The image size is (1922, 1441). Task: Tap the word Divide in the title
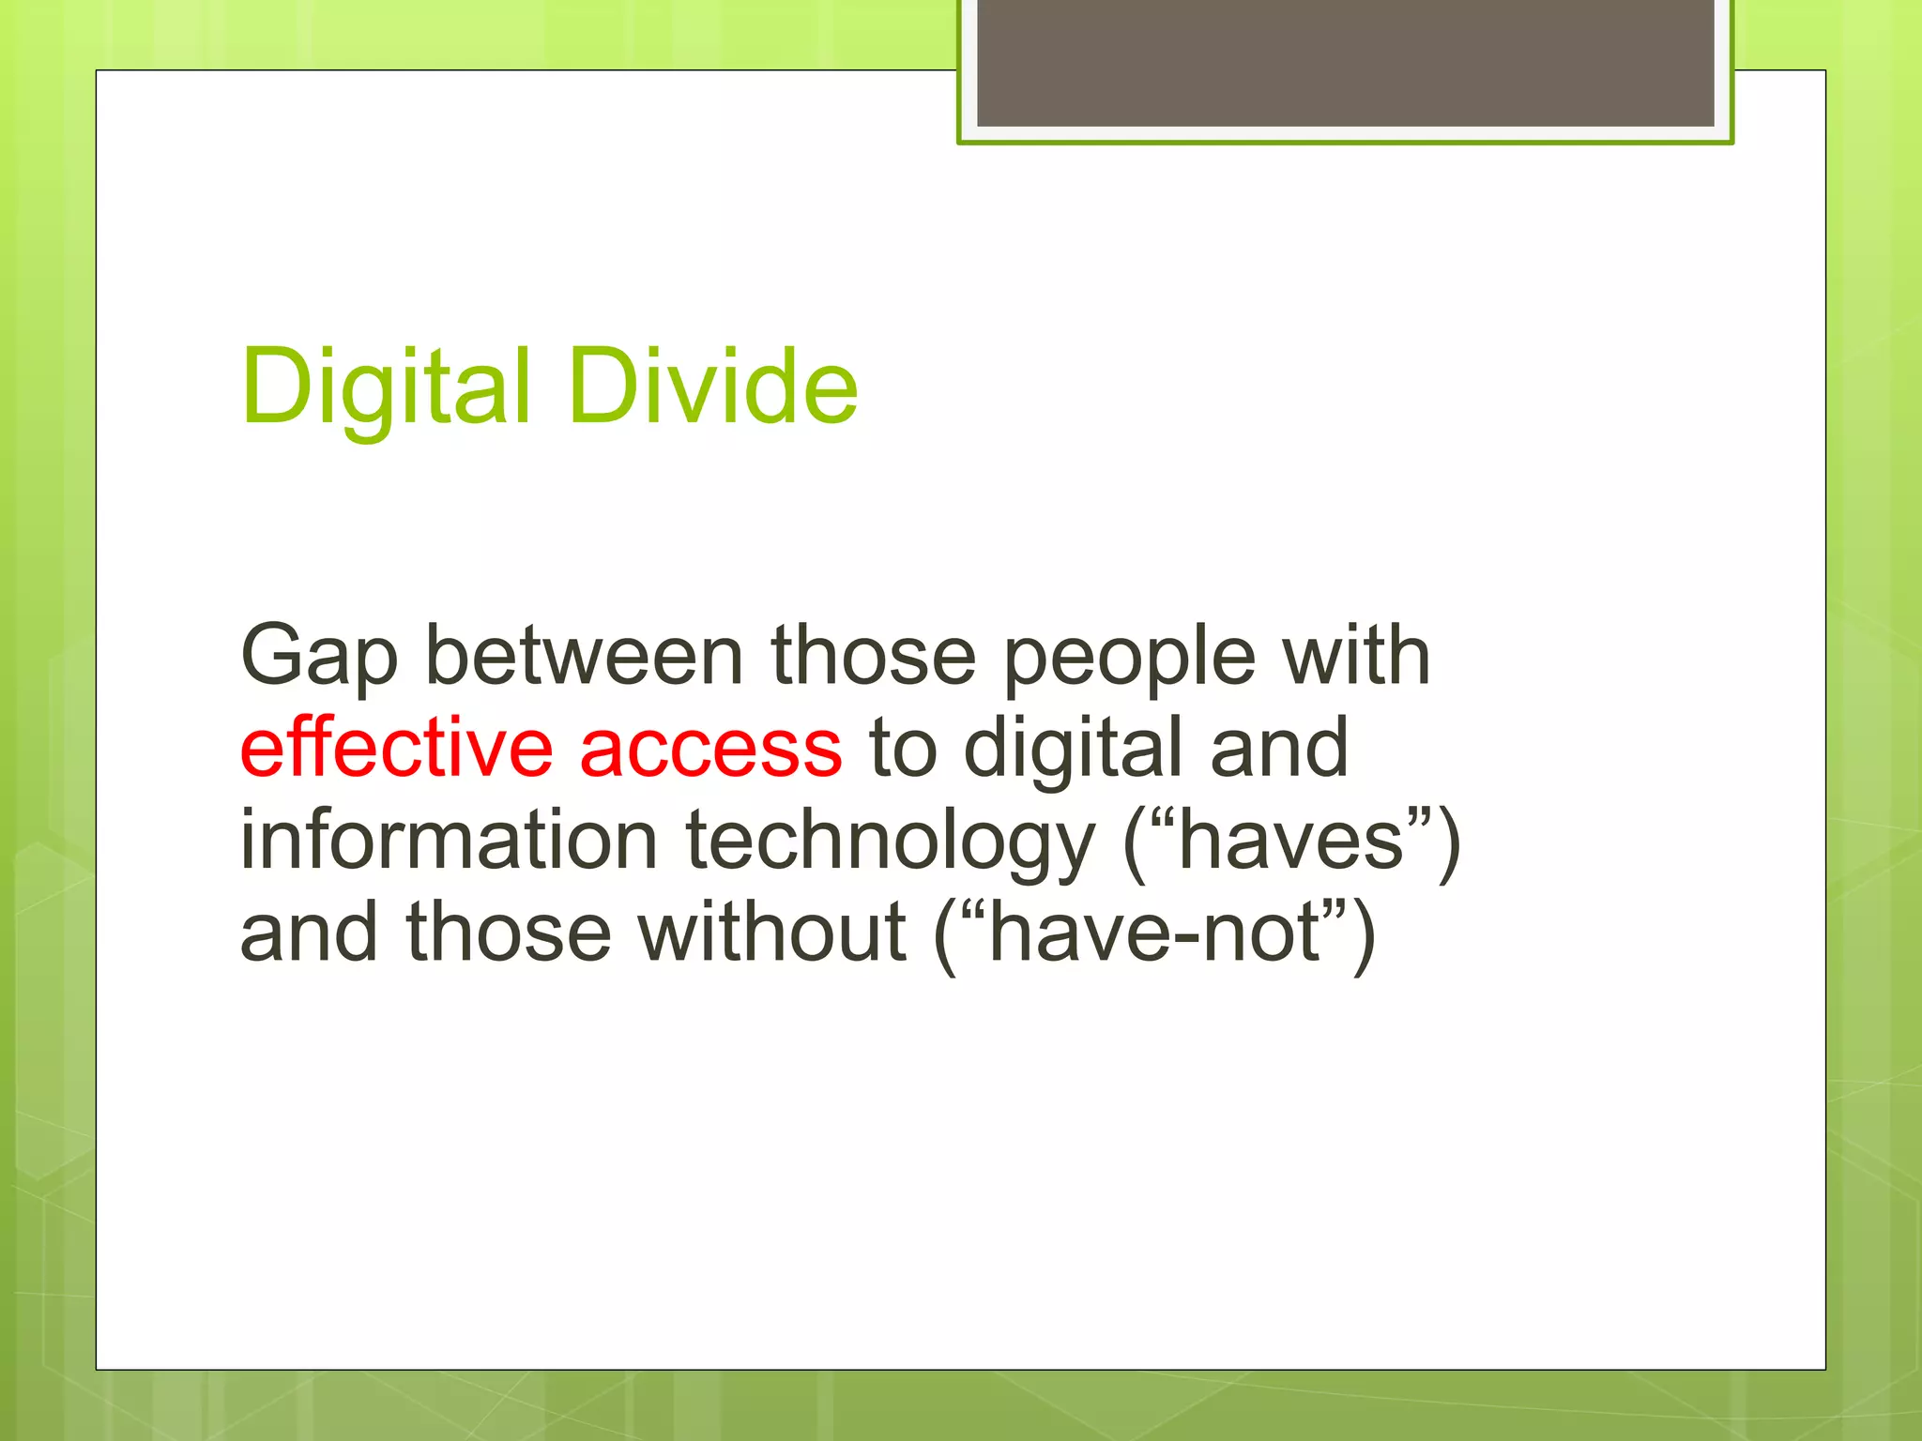click(x=713, y=387)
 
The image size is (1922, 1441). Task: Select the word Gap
click(x=319, y=657)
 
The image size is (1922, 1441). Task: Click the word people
click(x=1129, y=657)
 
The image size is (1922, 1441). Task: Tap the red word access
click(x=711, y=750)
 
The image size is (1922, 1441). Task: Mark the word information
click(x=449, y=840)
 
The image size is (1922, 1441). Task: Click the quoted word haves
click(x=1290, y=840)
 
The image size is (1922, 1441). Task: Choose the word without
click(x=772, y=933)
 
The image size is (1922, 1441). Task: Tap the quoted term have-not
click(x=1155, y=933)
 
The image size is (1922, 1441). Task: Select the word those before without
click(x=508, y=933)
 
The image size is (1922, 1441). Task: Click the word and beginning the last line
click(x=309, y=933)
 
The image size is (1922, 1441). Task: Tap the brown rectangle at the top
click(x=1345, y=62)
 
